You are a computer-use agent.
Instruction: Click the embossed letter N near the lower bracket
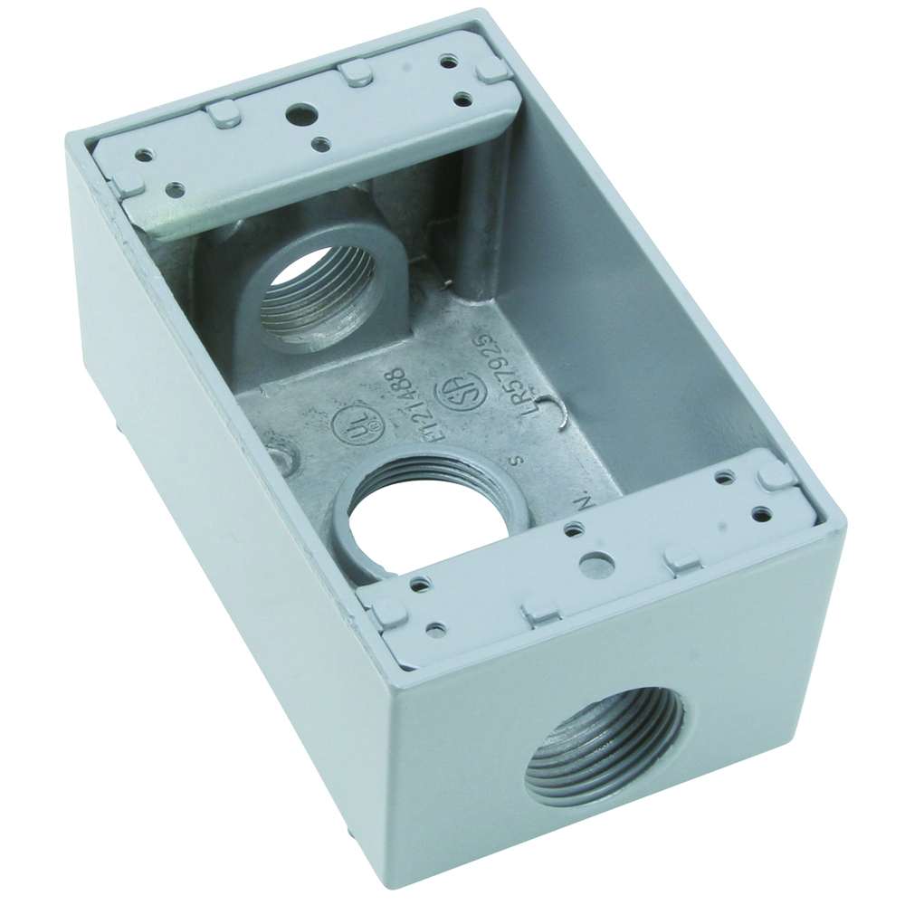[584, 500]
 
